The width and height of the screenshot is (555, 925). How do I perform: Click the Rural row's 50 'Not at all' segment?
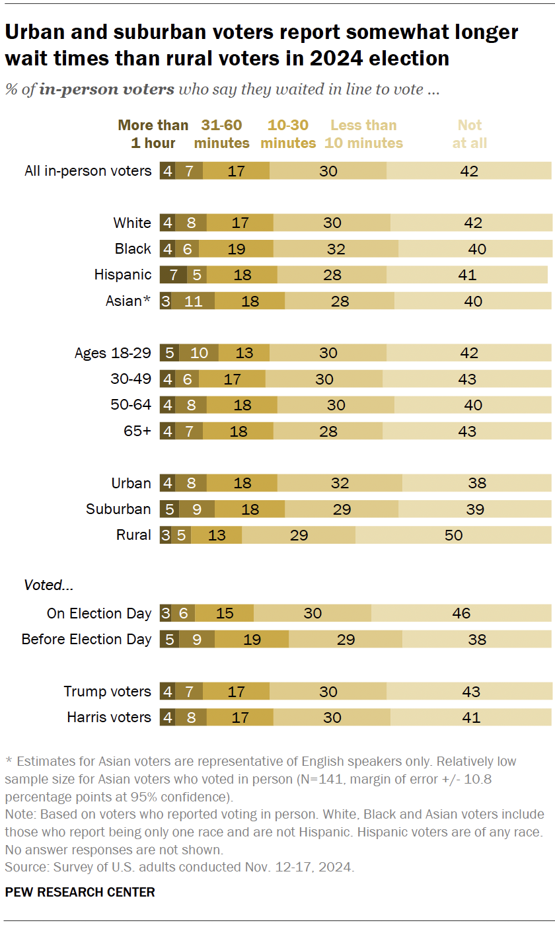453,535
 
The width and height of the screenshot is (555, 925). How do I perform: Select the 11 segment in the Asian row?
194,301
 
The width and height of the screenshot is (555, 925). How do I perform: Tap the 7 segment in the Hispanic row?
173,274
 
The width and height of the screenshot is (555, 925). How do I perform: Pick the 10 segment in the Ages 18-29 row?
199,352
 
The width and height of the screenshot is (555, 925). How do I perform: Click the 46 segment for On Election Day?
461,612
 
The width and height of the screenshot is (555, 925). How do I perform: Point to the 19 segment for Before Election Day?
252,639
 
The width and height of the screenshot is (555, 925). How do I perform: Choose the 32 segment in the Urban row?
340,482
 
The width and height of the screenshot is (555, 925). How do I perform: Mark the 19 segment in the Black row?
236,248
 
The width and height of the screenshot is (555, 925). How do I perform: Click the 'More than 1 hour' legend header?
153,134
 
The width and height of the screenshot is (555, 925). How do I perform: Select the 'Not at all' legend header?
470,134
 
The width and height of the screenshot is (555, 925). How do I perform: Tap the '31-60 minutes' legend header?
222,134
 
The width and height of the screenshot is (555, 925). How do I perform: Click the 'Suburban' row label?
118,509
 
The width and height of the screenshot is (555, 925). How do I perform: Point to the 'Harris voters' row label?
109,717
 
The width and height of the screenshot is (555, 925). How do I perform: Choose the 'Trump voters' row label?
107,691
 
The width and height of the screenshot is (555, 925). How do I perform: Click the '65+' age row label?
137,431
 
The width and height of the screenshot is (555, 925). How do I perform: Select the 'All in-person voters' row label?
88,170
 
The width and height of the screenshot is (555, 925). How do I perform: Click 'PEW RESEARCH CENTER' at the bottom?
80,892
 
